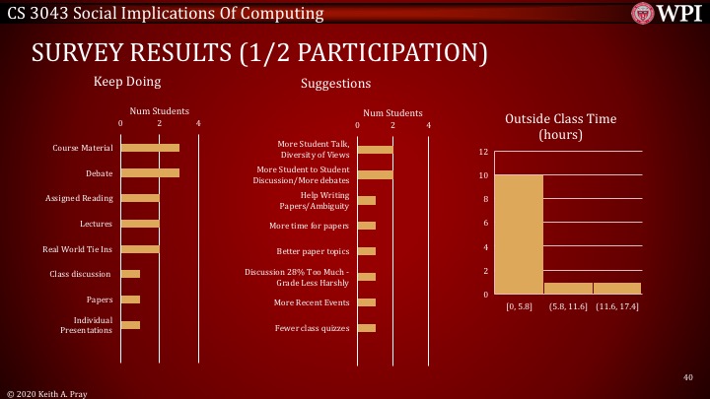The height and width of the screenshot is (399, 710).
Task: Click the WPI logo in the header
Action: [671, 14]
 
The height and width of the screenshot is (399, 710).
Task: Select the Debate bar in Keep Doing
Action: [150, 172]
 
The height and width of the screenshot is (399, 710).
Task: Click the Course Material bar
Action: [150, 148]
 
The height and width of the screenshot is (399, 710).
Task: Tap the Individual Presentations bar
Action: [130, 324]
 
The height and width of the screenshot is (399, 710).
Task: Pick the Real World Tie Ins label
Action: [84, 249]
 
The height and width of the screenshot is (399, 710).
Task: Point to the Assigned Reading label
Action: [80, 198]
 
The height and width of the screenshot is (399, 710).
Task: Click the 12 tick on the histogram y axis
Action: [484, 152]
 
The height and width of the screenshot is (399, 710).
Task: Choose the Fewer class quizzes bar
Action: [367, 327]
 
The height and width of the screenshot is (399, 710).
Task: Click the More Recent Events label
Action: [313, 301]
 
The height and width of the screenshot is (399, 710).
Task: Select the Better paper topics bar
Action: [367, 250]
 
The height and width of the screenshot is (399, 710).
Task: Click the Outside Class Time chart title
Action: [560, 126]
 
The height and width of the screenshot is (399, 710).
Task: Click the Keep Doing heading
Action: [127, 81]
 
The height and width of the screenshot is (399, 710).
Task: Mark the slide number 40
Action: [687, 376]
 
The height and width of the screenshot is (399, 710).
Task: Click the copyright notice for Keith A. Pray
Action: [47, 392]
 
